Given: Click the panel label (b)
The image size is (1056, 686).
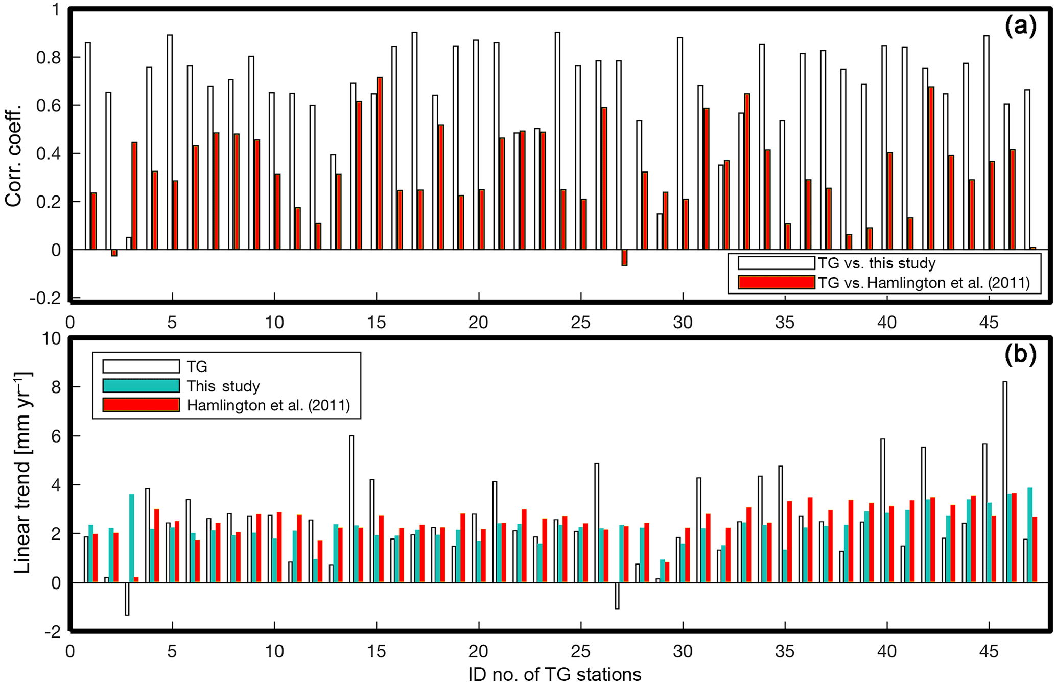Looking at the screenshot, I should (1020, 355).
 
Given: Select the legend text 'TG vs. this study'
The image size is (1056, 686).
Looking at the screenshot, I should (876, 263).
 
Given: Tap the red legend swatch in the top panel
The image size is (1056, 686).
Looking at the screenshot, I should (776, 282).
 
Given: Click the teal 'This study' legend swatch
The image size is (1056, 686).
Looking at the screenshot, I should (141, 385).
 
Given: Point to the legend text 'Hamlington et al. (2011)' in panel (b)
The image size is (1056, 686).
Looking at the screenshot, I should (268, 405).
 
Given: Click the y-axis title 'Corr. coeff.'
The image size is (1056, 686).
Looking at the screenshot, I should (14, 156).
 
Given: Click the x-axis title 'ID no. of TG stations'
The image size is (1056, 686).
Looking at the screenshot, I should (554, 675).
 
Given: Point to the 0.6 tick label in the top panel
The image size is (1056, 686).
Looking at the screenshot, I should (49, 106).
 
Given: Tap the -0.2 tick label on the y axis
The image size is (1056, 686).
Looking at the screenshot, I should (45, 298).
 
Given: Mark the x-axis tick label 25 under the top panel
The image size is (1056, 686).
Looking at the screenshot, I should (580, 323).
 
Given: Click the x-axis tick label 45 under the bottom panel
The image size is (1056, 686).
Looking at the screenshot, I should (989, 651).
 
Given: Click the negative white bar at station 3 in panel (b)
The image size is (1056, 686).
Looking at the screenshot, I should (127, 598).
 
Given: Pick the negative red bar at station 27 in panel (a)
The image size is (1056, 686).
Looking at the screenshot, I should (624, 258).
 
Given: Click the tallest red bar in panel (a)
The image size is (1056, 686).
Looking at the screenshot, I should (380, 163).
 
